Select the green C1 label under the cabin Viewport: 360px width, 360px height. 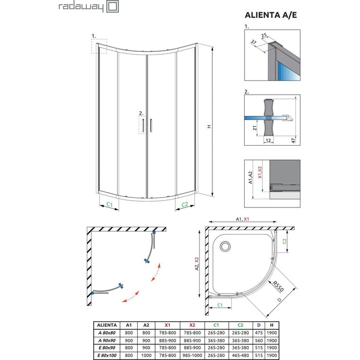[x=109, y=204]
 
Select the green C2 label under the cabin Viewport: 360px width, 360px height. [x=185, y=204]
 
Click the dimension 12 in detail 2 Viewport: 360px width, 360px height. [x=269, y=140]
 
